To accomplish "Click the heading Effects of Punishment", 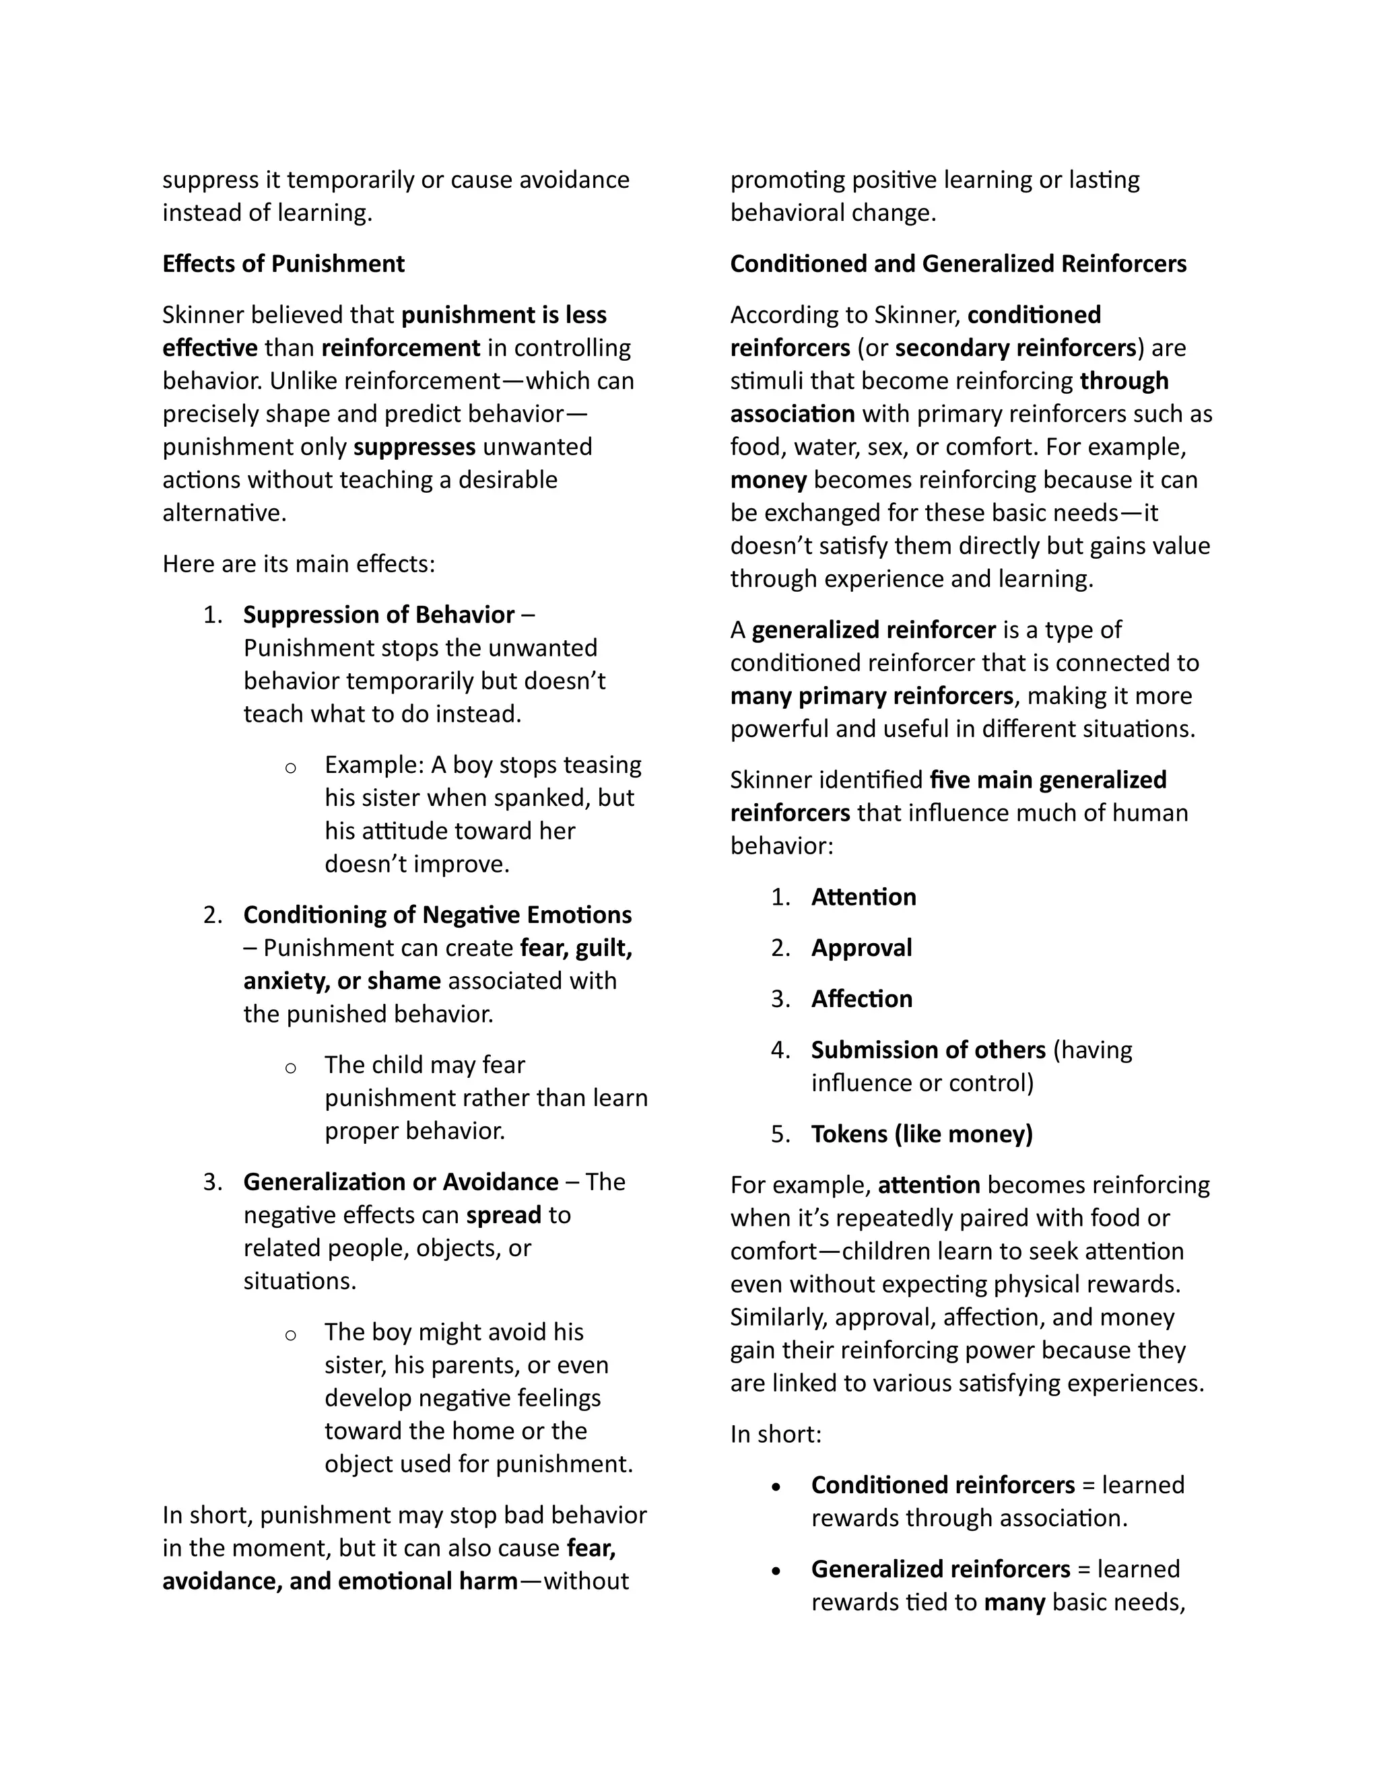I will (x=283, y=264).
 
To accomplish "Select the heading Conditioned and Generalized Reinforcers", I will (x=957, y=264).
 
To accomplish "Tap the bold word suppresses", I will (x=414, y=447).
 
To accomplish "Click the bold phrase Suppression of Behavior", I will (x=379, y=614).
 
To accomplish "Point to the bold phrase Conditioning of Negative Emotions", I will (x=437, y=914).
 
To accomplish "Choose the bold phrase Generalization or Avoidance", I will (x=401, y=1181).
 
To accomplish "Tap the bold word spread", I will (x=503, y=1214).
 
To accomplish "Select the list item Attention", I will (x=863, y=897).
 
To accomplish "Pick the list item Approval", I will (x=861, y=948).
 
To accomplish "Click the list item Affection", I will (x=861, y=998).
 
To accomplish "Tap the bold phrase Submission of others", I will (x=928, y=1050).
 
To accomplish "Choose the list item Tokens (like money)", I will (x=922, y=1134).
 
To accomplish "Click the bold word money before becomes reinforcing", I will (x=768, y=479).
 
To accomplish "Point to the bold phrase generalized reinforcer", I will (x=873, y=630).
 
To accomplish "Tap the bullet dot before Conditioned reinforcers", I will (x=776, y=1486).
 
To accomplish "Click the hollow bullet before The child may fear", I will (x=290, y=1068).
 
